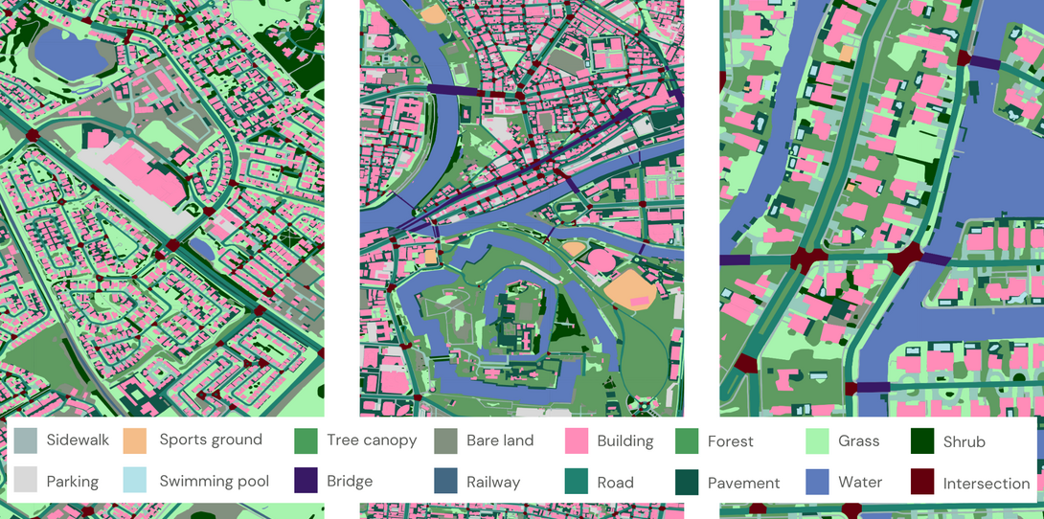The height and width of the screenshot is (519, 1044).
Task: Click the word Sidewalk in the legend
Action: pos(78,440)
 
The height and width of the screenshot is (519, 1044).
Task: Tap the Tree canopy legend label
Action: pos(371,440)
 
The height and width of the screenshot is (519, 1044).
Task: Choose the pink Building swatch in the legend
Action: pos(577,441)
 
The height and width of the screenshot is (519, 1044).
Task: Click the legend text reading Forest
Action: pos(730,441)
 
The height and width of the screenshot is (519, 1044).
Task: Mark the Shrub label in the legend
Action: pos(964,441)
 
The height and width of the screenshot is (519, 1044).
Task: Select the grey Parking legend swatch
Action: pos(27,481)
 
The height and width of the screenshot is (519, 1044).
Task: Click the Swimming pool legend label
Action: pos(214,481)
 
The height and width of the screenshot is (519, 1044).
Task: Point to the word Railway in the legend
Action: pos(492,482)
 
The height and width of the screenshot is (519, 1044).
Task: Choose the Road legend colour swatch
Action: pos(577,482)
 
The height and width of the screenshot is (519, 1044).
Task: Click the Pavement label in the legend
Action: pos(743,483)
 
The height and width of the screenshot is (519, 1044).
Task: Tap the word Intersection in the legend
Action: pos(986,483)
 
